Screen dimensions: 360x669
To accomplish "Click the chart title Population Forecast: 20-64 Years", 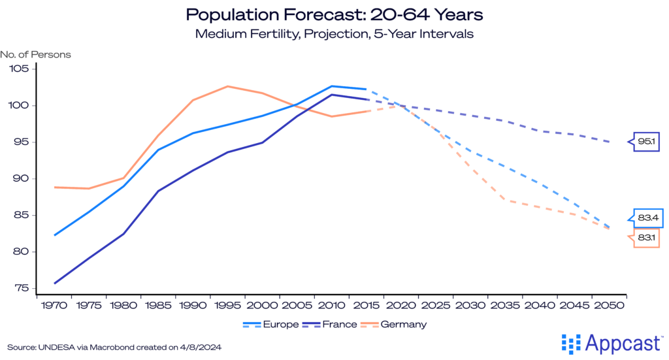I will point(334,14).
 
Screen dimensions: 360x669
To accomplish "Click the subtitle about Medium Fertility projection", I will point(334,34).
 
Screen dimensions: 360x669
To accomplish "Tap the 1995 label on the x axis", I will point(227,305).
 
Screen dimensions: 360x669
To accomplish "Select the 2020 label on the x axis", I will point(400,305).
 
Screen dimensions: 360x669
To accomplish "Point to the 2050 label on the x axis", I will point(608,305).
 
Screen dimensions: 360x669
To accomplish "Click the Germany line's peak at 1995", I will point(227,86).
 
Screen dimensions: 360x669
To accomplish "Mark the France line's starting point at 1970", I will point(54,283).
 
